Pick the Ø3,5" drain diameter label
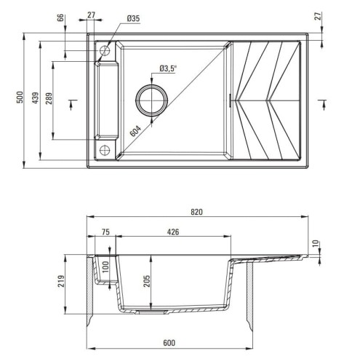click(x=169, y=69)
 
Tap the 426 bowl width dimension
click(x=172, y=232)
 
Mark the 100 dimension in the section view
click(x=105, y=266)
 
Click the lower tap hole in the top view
click(x=105, y=151)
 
